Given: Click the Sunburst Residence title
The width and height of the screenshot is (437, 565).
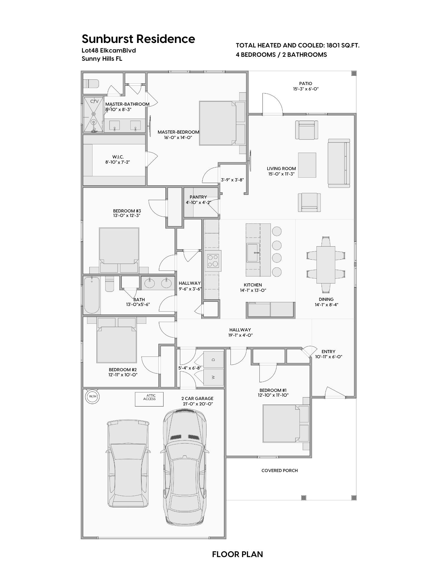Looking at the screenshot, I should click(x=138, y=39).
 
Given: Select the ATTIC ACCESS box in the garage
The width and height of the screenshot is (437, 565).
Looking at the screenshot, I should click(x=149, y=399).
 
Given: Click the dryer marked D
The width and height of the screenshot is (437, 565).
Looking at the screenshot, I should click(x=214, y=360).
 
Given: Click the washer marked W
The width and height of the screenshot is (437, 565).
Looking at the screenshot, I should click(x=214, y=377).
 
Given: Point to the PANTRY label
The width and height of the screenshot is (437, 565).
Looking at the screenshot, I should click(x=198, y=197).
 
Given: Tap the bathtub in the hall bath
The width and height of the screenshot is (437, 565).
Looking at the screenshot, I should click(x=92, y=295).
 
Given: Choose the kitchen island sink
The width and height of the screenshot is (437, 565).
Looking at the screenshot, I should click(x=253, y=253).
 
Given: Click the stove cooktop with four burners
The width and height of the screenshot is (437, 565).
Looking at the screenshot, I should click(x=213, y=261).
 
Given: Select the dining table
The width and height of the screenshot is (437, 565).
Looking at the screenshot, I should click(x=326, y=265).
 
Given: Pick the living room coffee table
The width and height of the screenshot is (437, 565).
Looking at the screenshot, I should click(x=307, y=165).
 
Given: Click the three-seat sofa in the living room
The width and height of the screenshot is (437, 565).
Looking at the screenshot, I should click(x=339, y=163).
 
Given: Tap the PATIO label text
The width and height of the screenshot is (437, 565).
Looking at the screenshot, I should click(x=305, y=84).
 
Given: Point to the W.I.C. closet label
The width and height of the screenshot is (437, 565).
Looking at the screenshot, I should click(x=118, y=157).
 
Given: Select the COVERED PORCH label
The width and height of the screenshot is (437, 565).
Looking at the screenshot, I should click(x=279, y=470).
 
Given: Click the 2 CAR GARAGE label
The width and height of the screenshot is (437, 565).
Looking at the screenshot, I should click(x=197, y=398).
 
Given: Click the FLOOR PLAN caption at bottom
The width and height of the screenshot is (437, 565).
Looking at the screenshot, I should click(x=238, y=554).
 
